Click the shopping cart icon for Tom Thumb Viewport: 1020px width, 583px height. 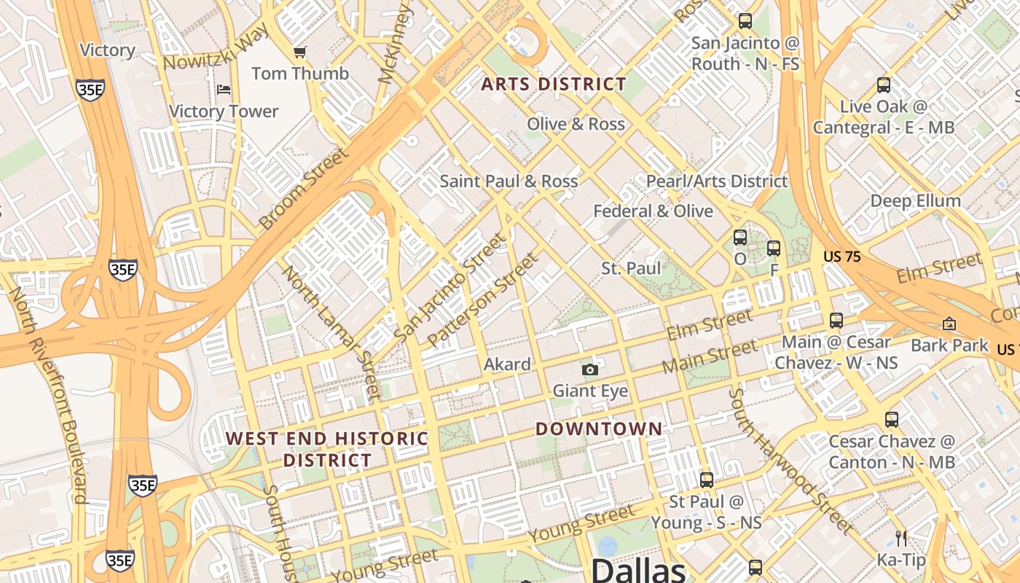[299, 52]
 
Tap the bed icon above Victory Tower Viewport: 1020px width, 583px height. [224, 90]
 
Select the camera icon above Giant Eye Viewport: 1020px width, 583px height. [590, 369]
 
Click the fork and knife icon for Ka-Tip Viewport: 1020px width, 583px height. [902, 539]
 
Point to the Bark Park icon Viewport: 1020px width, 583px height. [949, 324]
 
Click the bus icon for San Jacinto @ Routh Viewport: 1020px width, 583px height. [745, 21]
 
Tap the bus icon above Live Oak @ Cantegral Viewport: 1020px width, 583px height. [884, 85]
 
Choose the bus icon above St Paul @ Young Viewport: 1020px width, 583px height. [706, 480]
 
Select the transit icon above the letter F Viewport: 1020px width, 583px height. [774, 249]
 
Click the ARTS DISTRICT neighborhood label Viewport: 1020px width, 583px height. [554, 84]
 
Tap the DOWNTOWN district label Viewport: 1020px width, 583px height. [599, 429]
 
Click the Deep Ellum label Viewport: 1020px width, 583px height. [916, 200]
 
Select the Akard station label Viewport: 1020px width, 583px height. [507, 364]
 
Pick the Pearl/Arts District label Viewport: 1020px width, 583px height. [717, 181]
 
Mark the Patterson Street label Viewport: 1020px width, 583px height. [484, 300]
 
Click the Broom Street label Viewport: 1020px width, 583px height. [302, 189]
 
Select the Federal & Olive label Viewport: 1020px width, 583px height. [653, 211]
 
